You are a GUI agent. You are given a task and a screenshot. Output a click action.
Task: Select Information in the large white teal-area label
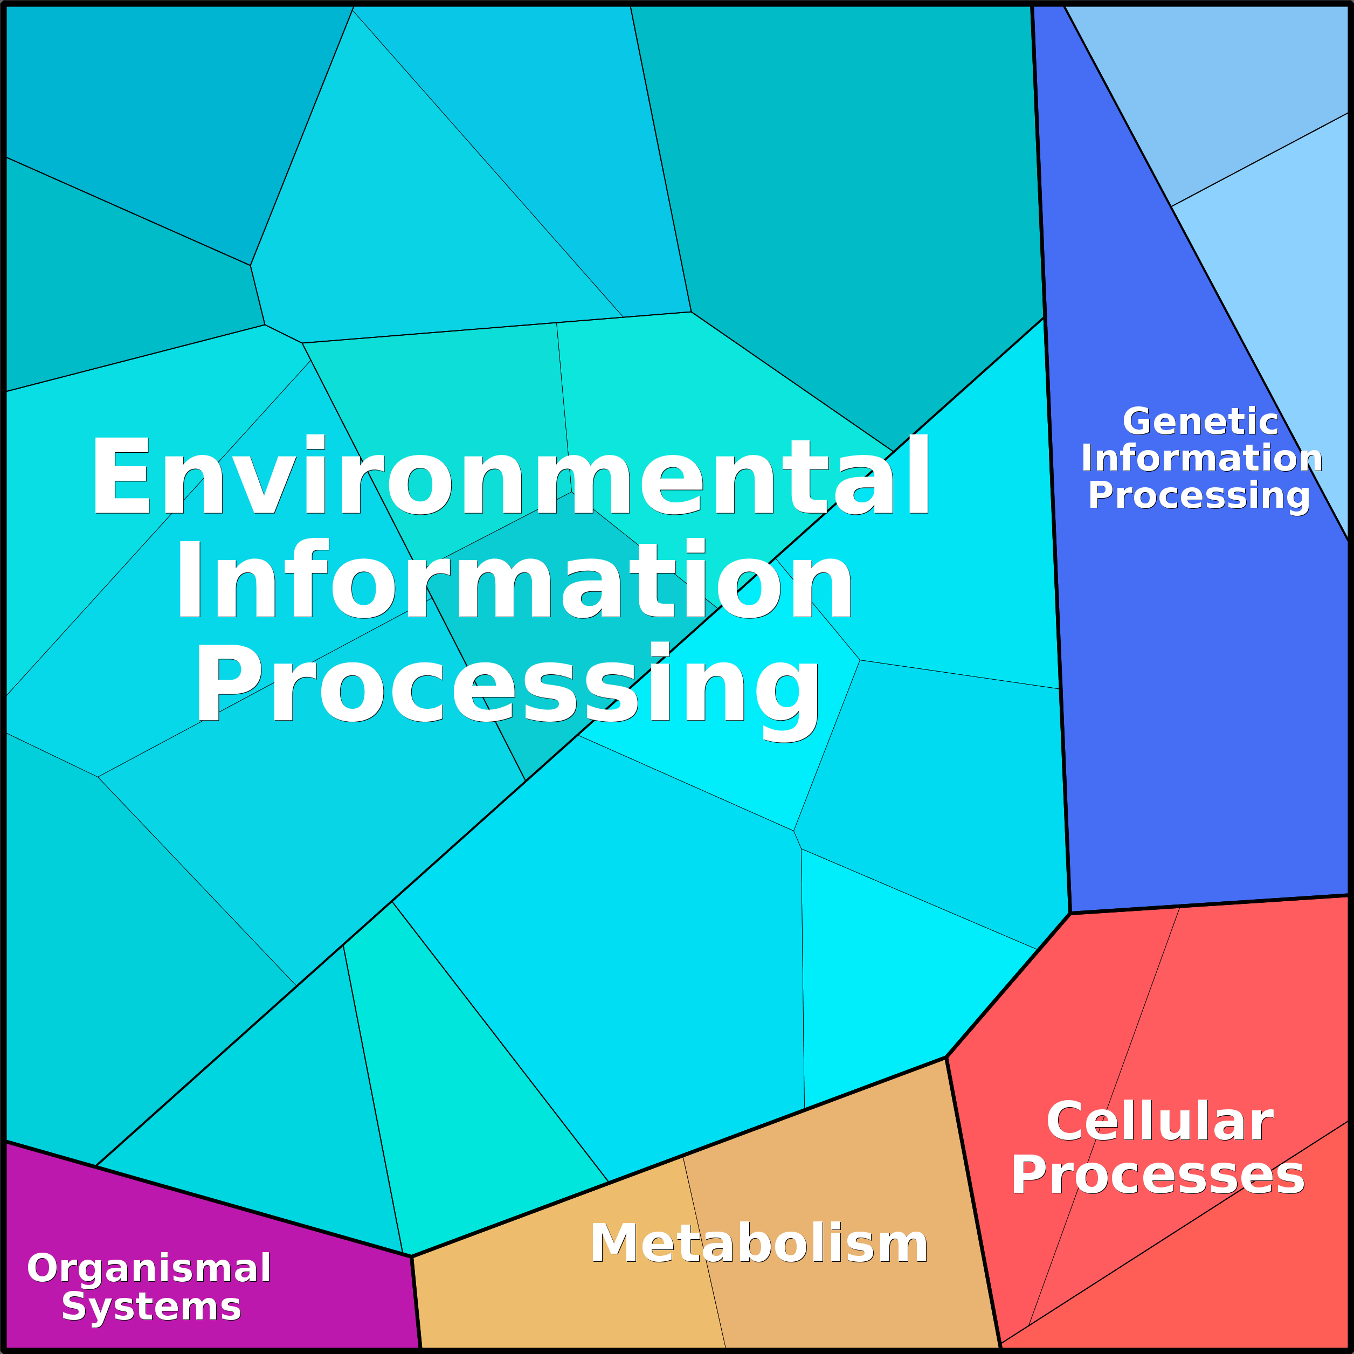(x=514, y=581)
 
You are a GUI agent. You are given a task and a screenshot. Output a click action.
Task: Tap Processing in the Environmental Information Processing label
(x=507, y=685)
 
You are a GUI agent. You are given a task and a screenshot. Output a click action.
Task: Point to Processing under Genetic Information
(x=1199, y=496)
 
